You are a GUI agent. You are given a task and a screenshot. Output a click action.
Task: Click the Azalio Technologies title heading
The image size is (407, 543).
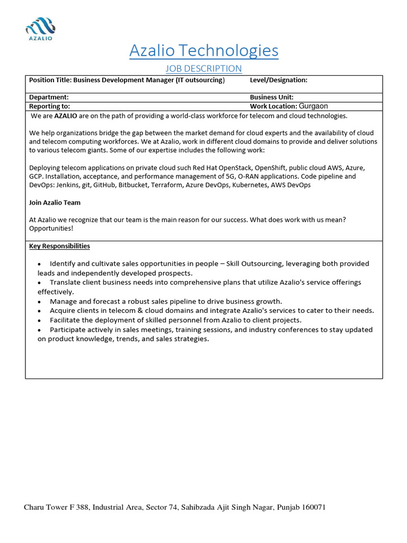[203, 50]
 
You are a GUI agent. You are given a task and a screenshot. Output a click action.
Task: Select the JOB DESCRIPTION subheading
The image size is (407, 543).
[203, 68]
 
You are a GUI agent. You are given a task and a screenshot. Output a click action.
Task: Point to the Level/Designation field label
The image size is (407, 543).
[278, 80]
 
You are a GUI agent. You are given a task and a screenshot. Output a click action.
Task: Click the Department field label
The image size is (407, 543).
[49, 98]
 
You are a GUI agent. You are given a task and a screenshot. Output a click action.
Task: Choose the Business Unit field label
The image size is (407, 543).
[273, 98]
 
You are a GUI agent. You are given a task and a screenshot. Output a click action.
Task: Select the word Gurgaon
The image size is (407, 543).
[313, 106]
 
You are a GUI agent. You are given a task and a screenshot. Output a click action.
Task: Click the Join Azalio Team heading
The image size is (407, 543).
[55, 203]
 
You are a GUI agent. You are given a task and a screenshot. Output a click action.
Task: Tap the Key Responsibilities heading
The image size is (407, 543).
[59, 246]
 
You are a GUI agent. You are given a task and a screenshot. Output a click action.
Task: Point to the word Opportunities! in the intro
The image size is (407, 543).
[51, 227]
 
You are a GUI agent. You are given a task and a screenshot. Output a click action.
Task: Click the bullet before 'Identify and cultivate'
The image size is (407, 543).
[40, 264]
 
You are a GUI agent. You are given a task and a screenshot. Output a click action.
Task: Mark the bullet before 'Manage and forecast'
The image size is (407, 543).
[40, 302]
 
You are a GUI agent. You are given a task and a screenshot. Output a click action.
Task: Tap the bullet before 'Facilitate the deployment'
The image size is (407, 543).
[40, 321]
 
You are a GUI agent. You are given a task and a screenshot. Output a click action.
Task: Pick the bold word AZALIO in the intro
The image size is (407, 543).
[66, 116]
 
